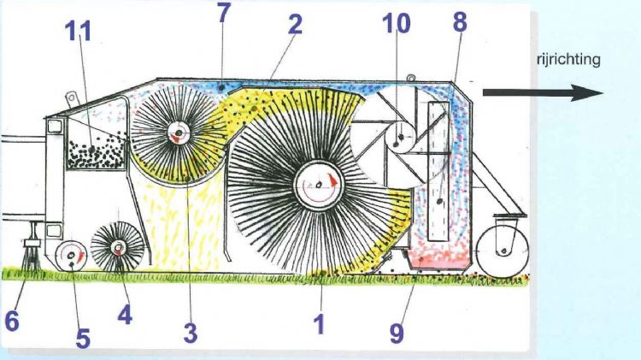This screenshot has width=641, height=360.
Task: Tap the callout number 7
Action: [x=224, y=13]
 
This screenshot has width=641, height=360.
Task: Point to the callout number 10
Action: [x=396, y=23]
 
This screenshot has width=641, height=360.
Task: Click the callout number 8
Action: [x=460, y=21]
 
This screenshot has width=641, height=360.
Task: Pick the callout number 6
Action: [x=12, y=322]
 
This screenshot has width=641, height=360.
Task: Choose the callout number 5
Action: [x=83, y=339]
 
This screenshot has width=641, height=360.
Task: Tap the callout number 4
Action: [x=125, y=314]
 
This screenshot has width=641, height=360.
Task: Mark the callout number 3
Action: [x=191, y=333]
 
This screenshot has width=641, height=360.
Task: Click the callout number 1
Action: [x=320, y=324]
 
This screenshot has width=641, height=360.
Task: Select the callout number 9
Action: [x=397, y=333]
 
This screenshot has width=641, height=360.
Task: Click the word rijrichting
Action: [x=568, y=60]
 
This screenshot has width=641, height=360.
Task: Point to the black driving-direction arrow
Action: [x=543, y=93]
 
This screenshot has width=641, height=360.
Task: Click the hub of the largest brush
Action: [x=318, y=186]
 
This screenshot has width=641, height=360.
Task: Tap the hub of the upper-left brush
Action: [x=179, y=133]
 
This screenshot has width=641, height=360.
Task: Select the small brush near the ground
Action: [x=118, y=246]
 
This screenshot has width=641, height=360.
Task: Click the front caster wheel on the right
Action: [x=503, y=251]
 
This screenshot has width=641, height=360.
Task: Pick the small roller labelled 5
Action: [x=71, y=256]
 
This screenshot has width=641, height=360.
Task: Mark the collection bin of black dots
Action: [x=96, y=154]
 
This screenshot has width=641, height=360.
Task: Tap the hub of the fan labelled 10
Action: [x=400, y=138]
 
